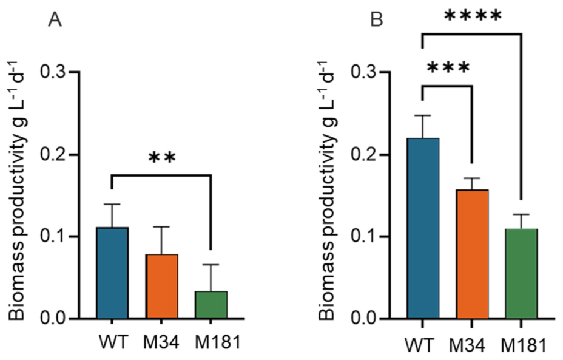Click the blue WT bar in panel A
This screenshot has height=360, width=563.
(x=112, y=273)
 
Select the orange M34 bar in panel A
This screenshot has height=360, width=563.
(x=161, y=287)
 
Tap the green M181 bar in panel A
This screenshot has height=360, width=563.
(x=211, y=305)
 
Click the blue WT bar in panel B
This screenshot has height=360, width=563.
(x=423, y=228)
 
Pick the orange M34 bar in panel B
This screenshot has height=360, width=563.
(x=473, y=254)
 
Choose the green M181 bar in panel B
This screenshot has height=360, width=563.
(x=521, y=273)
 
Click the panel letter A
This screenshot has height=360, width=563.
(x=55, y=20)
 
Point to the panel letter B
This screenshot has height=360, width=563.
(x=377, y=20)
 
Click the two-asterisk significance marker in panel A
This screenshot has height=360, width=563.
(x=163, y=157)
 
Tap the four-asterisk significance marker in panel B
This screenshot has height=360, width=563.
(x=473, y=15)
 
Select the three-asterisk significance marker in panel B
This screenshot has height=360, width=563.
(x=448, y=67)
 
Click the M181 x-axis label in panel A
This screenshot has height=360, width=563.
(x=217, y=342)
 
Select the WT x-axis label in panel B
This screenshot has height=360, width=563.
(x=420, y=345)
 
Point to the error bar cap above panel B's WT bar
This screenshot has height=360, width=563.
(x=423, y=115)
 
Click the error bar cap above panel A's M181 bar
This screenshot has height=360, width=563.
(x=211, y=265)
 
